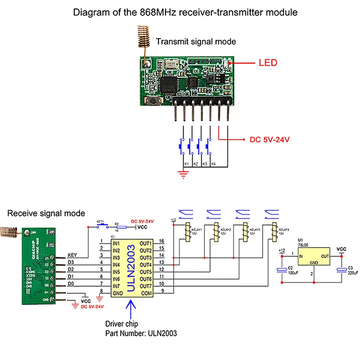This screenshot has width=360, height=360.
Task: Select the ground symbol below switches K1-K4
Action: point(182,173)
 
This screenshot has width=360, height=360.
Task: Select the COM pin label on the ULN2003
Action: point(146,292)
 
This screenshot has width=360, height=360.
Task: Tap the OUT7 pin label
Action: point(145,286)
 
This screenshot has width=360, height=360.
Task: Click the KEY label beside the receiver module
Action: point(72,255)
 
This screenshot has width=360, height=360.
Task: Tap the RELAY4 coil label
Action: point(283,231)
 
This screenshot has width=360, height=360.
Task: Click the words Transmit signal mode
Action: point(196,42)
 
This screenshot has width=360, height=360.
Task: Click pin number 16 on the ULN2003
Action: point(162,242)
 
